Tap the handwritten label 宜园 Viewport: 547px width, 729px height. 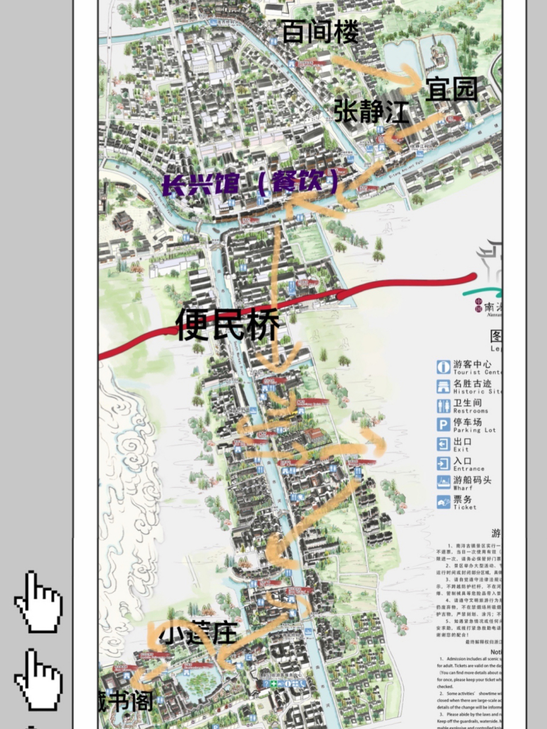pos(452,89)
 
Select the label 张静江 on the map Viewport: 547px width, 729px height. pos(371,110)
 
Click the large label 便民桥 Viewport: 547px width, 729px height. pos(228,325)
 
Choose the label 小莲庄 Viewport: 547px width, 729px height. pos(198,633)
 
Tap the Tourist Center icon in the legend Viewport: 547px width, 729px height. pos(443,367)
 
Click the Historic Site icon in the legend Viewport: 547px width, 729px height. pos(443,387)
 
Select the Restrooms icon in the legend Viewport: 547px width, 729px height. pos(443,406)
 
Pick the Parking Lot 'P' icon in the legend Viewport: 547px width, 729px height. pos(443,425)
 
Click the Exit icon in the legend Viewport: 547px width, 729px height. pos(443,444)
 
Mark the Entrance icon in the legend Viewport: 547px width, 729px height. pos(443,463)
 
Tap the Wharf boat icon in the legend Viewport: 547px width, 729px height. pos(443,482)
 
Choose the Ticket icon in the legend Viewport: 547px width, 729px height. pos(443,502)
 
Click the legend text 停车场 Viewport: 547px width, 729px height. pos(467,422)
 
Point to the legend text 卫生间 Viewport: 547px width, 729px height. pos(467,403)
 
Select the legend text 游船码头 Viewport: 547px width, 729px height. pos(472,480)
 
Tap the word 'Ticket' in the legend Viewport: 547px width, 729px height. pos(464,507)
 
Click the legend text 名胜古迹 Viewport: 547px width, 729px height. pos(472,383)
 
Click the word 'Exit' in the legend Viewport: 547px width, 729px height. pos(461,449)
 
